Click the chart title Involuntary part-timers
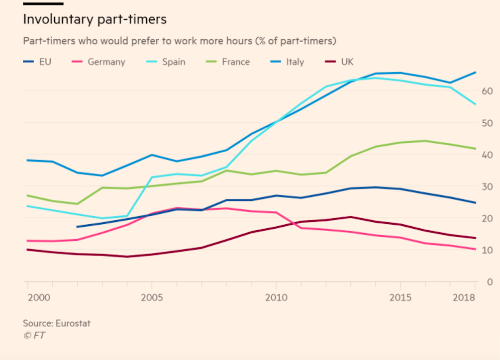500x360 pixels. coord(95,20)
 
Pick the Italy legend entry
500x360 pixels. coord(295,62)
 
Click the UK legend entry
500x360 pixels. coord(347,62)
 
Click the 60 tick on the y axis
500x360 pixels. coord(487,91)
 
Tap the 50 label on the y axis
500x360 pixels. coord(487,123)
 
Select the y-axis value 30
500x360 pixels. coord(487,187)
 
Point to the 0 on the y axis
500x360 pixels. coord(489,282)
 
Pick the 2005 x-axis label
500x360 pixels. coord(151,297)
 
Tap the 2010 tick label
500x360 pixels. coord(276,297)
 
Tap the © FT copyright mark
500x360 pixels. coord(34,336)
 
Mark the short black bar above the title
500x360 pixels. coord(43,3)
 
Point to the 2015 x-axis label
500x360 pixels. coord(400,297)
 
